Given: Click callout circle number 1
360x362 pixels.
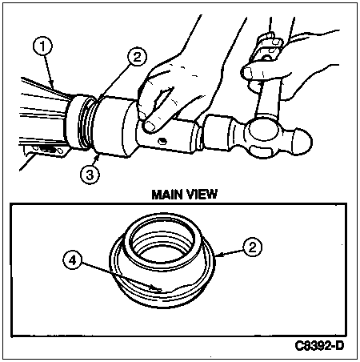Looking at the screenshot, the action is click(x=42, y=46).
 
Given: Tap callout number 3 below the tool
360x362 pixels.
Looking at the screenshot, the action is click(x=90, y=175).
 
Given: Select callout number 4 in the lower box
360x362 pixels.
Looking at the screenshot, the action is click(x=73, y=259).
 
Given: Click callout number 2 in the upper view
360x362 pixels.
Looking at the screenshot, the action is click(x=137, y=57).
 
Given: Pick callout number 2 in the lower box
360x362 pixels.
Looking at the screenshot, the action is click(x=252, y=247).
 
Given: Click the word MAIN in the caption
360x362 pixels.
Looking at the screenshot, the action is click(x=167, y=195).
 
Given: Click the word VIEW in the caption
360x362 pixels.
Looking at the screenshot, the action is click(x=202, y=195).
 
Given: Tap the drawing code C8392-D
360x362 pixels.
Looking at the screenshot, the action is click(x=319, y=346).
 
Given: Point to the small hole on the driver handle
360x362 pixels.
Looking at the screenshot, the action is click(x=161, y=141).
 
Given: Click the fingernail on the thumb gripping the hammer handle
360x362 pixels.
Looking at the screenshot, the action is click(x=247, y=73).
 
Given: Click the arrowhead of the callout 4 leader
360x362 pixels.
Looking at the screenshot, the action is click(x=158, y=289).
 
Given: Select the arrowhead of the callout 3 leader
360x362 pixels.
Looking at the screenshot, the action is click(x=97, y=158).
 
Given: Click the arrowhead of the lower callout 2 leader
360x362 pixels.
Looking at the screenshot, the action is click(x=218, y=255).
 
